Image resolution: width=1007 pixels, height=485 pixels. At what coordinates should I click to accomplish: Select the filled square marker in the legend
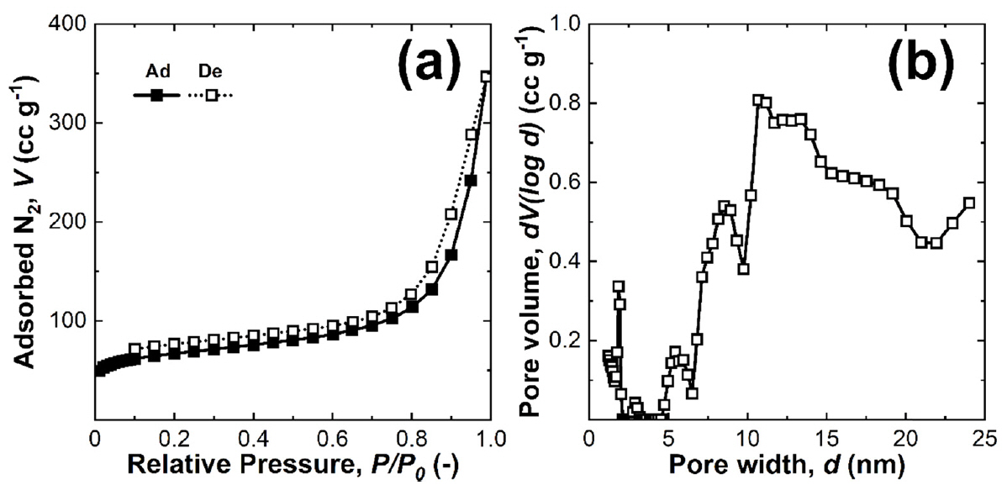pos(156,95)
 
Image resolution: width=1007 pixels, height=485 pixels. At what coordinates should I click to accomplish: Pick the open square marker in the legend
pos(213,95)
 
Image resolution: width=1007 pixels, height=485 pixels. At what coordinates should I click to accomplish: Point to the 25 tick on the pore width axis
pos(985,438)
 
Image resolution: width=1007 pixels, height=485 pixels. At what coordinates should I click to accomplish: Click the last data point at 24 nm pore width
pos(968,203)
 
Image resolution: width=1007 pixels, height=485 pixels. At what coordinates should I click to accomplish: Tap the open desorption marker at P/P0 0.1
pos(134,348)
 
